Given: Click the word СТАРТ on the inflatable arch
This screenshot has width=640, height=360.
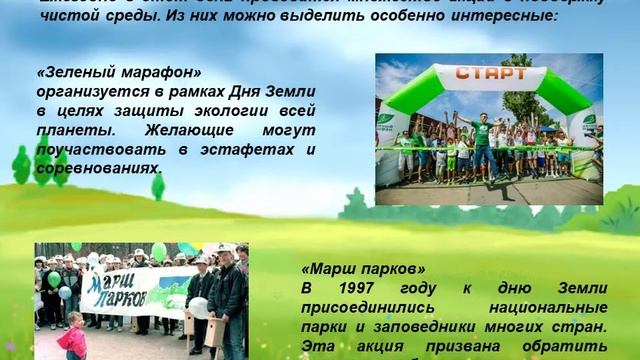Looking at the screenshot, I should pos(489,73).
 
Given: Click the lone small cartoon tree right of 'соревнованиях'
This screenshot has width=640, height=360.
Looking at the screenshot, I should pos(158,186).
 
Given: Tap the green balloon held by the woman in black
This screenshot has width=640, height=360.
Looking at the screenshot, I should pos(53,279).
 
